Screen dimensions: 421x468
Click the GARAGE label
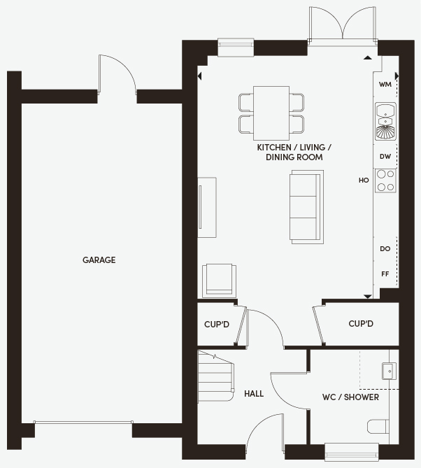coord(99,260)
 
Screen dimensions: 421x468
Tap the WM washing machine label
coord(385,85)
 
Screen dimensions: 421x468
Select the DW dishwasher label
coord(385,157)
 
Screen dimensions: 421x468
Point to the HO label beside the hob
coord(364,180)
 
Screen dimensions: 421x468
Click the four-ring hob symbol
coord(385,180)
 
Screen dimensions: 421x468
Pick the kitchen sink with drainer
coord(385,121)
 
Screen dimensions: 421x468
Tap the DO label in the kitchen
coord(385,248)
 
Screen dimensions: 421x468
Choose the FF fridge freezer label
coord(385,274)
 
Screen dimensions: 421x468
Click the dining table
coord(271,113)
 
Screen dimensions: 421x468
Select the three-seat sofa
coord(306,207)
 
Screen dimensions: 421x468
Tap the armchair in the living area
coord(220,281)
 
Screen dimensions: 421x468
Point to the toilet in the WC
coord(378,427)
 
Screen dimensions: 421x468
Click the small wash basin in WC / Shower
coord(390,371)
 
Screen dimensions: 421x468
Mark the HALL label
coord(254,394)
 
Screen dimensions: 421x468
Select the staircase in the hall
coord(215,376)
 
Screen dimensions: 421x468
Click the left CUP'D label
coord(217,324)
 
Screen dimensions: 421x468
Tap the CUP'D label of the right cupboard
coord(361,323)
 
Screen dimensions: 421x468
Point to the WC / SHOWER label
coord(350,397)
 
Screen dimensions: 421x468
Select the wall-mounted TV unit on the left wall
coord(207,208)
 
